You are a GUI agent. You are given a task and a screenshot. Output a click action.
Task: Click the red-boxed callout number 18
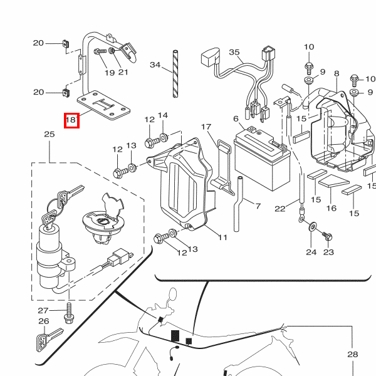[x=71, y=119]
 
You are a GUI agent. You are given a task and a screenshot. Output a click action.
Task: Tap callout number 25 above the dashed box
[x=50, y=135]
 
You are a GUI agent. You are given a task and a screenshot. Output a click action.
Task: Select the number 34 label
[x=155, y=65]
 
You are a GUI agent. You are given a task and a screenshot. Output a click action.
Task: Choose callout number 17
[x=206, y=127]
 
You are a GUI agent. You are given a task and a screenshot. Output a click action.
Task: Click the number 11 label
[x=222, y=238]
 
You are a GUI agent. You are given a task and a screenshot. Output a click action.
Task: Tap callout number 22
[x=280, y=209]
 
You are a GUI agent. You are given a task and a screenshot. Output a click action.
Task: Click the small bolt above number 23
[x=327, y=236]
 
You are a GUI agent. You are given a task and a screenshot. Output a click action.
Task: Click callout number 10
[x=309, y=47]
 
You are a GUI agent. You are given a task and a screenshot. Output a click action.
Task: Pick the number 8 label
[x=337, y=74]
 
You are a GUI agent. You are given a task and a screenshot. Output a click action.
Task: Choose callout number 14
[x=163, y=115]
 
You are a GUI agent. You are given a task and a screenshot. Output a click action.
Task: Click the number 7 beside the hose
[x=257, y=205]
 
